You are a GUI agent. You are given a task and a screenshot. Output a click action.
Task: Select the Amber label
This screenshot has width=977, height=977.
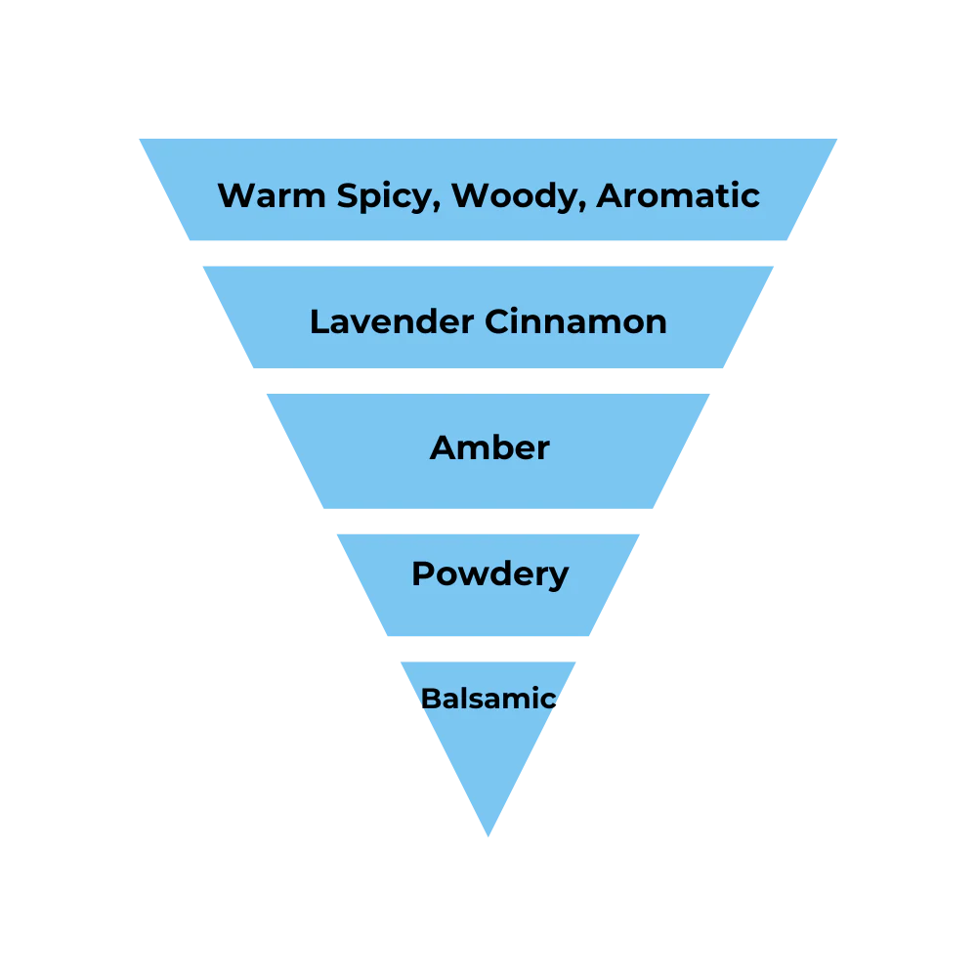tap(489, 447)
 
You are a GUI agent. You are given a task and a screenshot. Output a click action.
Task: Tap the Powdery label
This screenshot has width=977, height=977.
tap(489, 573)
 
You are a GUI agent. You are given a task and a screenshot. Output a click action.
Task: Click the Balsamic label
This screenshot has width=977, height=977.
tap(488, 699)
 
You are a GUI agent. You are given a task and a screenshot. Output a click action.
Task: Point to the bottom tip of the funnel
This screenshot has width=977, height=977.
tap(488, 838)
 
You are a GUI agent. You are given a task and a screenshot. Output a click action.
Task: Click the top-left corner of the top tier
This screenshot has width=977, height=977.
tap(137, 136)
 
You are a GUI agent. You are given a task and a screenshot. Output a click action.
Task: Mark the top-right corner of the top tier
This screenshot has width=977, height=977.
tap(840, 136)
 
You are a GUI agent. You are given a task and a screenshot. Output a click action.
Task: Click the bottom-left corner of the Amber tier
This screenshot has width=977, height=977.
tap(322, 511)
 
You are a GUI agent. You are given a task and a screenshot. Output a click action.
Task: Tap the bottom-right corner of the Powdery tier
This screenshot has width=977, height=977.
tap(592, 638)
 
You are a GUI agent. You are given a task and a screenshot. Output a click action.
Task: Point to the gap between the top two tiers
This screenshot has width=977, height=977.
tap(488, 254)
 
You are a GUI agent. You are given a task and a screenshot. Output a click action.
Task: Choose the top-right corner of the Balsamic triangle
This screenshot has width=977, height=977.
tap(576, 659)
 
